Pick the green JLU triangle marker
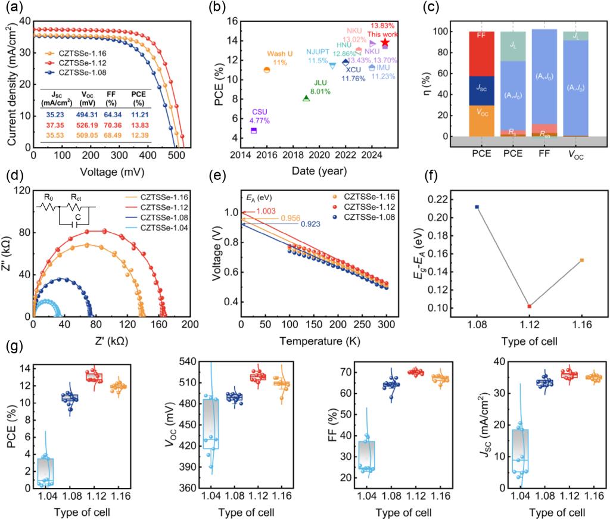pyautogui.click(x=306, y=98)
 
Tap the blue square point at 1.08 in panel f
pyautogui.click(x=477, y=207)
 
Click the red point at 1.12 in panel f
pyautogui.click(x=530, y=306)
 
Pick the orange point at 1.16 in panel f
pyautogui.click(x=582, y=260)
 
